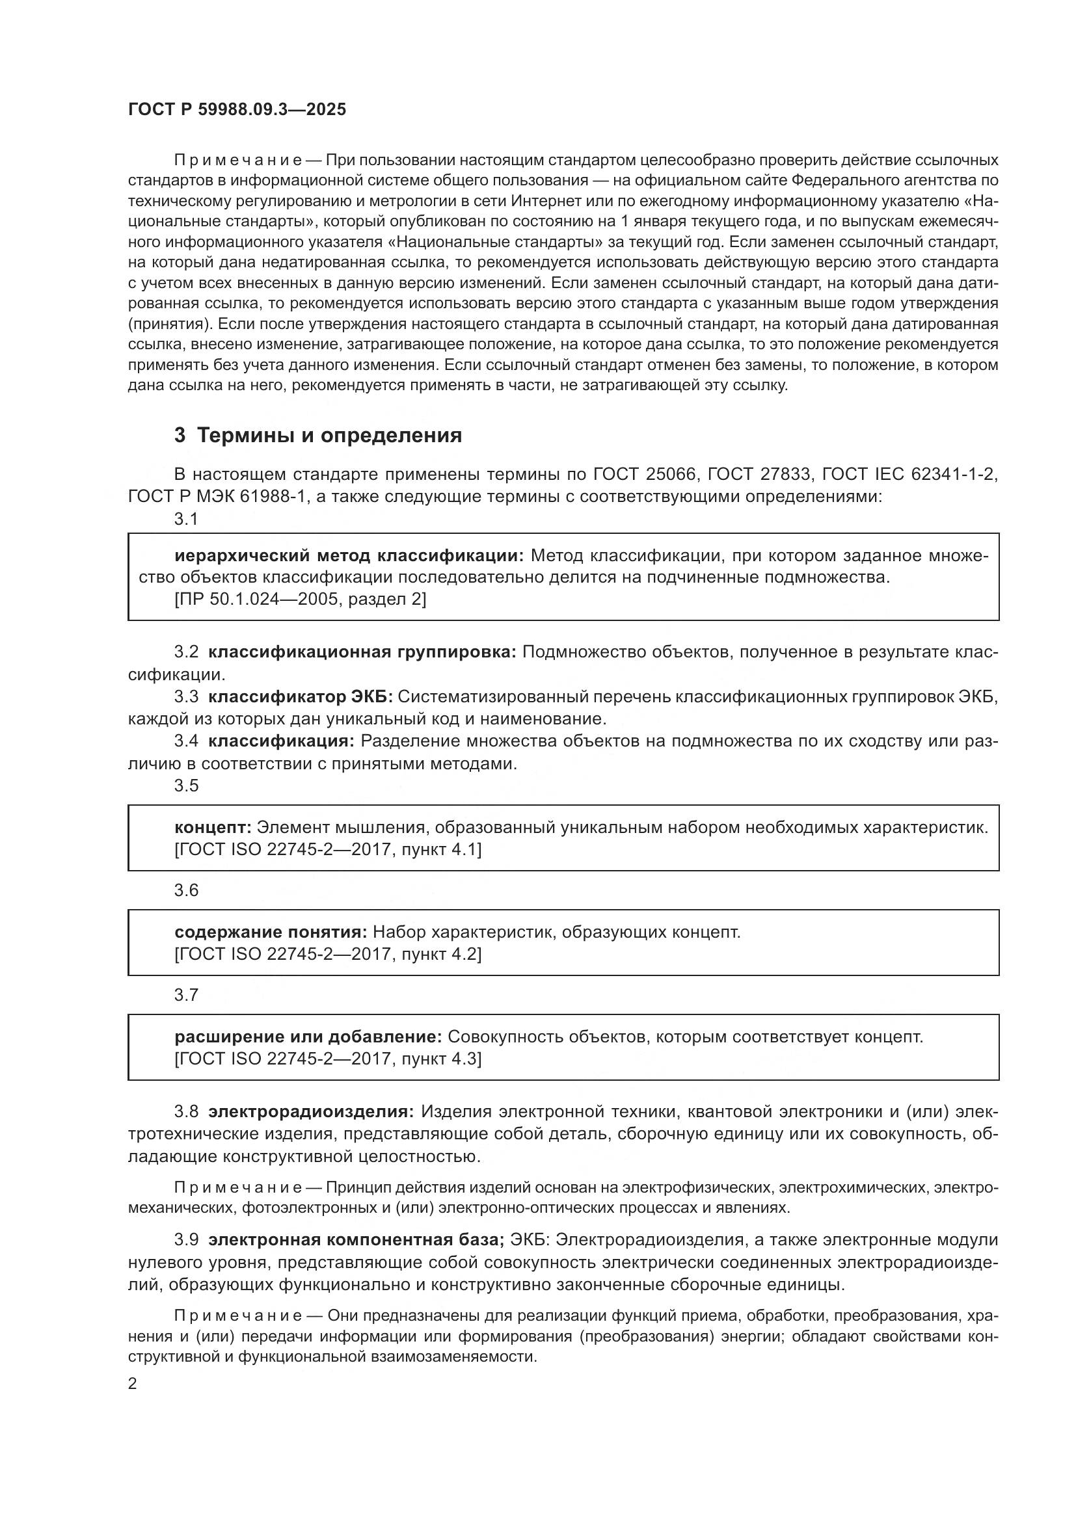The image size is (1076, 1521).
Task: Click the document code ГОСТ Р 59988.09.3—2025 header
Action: coord(237,110)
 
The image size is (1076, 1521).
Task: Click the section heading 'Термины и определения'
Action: coord(329,435)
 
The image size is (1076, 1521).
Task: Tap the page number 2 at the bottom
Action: coord(133,1384)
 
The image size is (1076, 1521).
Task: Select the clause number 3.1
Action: coord(186,520)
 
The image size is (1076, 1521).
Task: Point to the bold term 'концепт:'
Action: coord(213,827)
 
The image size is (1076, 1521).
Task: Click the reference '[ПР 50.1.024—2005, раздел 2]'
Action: coord(300,599)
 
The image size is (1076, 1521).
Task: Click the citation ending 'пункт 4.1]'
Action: coord(328,849)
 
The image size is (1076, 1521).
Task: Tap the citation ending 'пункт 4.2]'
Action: coord(328,954)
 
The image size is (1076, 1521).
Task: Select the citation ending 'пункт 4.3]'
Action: coord(328,1059)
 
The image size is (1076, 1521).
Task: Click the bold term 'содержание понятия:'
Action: coord(271,932)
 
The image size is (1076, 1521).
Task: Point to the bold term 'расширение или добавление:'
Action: coord(308,1037)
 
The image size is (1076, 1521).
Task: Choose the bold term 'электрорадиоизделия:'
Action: coord(311,1111)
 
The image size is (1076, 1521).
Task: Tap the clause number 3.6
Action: coord(186,890)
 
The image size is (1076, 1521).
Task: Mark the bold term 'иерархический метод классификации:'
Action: coord(349,555)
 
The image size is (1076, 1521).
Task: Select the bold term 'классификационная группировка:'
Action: coord(362,652)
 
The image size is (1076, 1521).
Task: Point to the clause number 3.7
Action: coord(186,994)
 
